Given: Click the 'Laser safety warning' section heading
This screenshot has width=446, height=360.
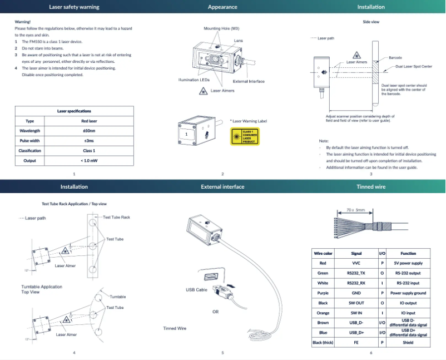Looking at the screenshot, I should click(74, 7).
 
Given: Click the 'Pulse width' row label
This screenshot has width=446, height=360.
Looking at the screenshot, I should click(30, 141).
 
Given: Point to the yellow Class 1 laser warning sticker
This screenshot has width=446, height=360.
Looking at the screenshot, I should click(245, 136).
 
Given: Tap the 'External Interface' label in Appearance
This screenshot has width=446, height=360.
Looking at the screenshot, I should click(249, 82).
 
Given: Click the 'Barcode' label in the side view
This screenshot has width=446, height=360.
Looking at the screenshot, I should click(395, 57).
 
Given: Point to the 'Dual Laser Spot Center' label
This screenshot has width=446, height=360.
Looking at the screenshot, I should click(414, 66).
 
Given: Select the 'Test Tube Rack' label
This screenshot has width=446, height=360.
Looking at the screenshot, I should click(117, 217).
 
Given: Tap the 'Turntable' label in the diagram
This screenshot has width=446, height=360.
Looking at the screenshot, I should click(117, 297).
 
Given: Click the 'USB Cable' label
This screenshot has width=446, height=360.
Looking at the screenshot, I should click(196, 290).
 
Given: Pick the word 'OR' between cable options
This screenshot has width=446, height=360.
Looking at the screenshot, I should click(215, 312).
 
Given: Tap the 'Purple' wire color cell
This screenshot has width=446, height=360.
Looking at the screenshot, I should click(323, 293).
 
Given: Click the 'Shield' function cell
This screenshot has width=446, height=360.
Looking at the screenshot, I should click(408, 343).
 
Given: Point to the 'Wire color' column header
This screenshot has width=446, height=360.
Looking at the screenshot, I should click(323, 253).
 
